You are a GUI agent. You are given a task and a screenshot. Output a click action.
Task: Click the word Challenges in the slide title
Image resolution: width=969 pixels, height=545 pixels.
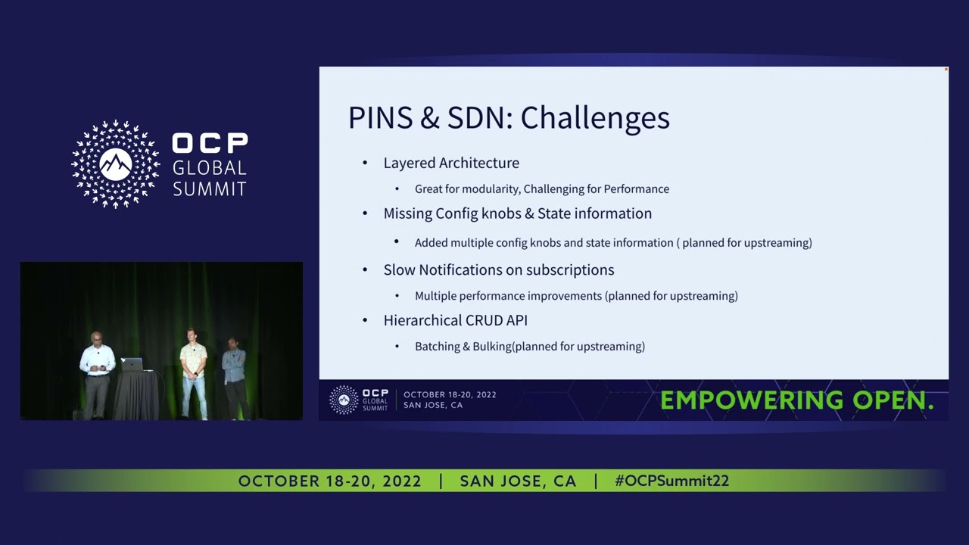pos(595,118)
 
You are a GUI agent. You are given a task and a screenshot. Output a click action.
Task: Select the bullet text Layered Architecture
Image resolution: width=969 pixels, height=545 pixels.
pos(451,163)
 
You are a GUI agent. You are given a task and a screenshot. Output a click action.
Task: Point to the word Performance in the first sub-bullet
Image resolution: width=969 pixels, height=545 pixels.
pos(636,188)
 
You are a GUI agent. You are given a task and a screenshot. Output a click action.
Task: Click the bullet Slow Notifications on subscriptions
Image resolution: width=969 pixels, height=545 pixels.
pos(498,269)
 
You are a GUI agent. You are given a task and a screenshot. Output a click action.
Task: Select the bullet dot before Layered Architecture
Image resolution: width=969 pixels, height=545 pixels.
pos(365,163)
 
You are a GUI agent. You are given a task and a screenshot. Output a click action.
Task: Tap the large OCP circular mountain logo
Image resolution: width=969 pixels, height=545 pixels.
pos(116,164)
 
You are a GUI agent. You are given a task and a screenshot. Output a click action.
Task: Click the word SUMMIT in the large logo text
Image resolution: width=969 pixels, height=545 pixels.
pos(210,188)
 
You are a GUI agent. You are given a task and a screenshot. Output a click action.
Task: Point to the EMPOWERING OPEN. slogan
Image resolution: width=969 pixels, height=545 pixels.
pos(796,400)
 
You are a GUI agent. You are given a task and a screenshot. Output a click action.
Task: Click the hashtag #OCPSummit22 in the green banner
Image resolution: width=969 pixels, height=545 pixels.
pos(671,481)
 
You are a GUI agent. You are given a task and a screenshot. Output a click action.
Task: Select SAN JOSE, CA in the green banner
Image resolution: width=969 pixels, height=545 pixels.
pos(518,481)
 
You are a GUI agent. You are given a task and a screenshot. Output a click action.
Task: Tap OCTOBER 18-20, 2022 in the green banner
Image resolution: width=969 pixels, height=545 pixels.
pos(329,481)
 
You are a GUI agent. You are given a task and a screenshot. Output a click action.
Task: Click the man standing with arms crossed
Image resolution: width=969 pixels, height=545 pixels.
pos(234,375)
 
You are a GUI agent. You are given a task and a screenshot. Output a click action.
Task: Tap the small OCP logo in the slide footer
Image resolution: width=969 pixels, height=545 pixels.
pos(344,399)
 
